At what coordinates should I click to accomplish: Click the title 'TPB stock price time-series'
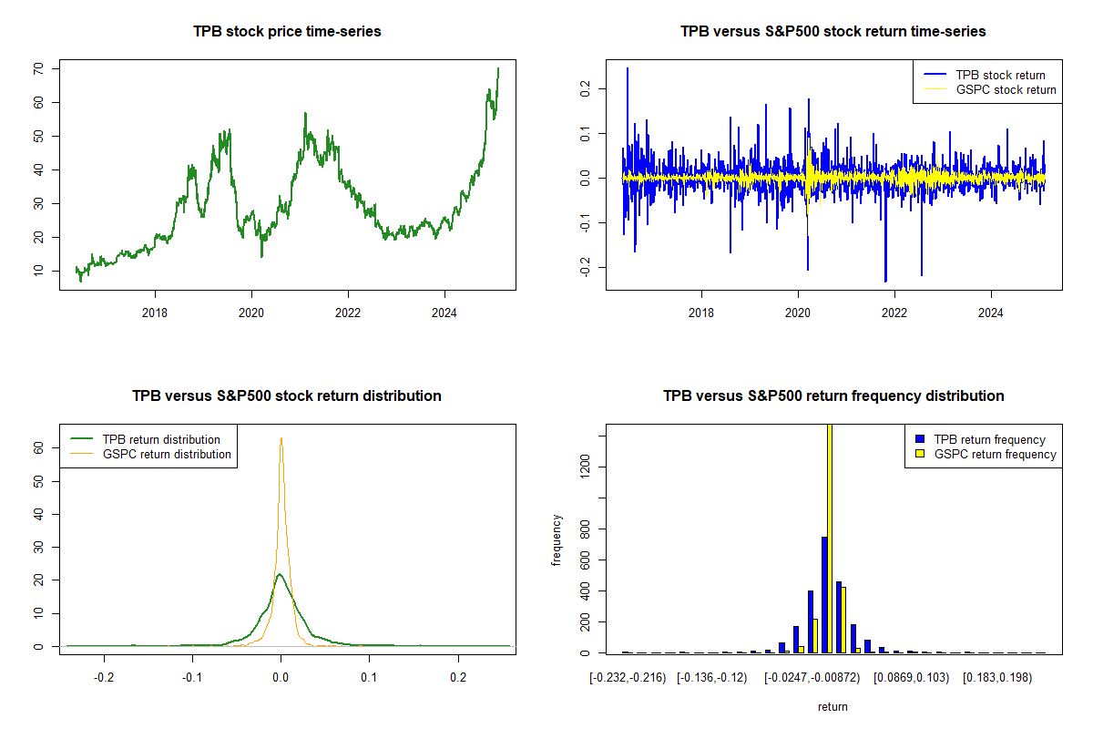pyautogui.click(x=287, y=31)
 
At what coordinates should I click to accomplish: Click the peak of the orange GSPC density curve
pyautogui.click(x=281, y=438)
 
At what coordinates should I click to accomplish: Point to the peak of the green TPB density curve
pyautogui.click(x=280, y=574)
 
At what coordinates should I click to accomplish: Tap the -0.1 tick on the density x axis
pyautogui.click(x=192, y=677)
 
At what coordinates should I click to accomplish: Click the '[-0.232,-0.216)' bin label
pyautogui.click(x=628, y=677)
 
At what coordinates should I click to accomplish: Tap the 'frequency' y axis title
pyautogui.click(x=557, y=540)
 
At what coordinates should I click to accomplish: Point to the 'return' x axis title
pyautogui.click(x=833, y=706)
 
